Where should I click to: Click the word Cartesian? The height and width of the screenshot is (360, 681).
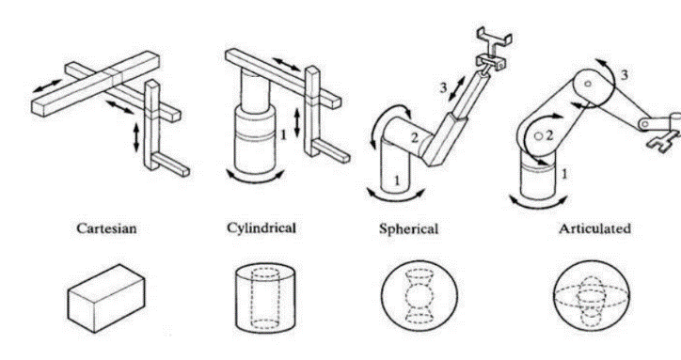(106, 228)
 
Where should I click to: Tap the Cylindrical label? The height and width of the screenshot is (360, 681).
(261, 228)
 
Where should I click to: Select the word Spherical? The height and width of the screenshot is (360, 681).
(408, 228)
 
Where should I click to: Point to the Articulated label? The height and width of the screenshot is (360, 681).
(594, 228)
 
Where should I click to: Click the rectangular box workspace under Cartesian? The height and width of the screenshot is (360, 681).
(106, 298)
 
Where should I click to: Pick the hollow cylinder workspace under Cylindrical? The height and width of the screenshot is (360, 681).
(266, 297)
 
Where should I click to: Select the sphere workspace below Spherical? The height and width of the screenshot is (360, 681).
(420, 296)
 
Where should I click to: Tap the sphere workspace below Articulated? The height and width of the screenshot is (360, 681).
(592, 296)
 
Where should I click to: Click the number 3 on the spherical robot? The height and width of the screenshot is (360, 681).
(443, 88)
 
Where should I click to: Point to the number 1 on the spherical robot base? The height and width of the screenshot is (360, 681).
(397, 180)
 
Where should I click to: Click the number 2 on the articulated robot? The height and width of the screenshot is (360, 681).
(549, 136)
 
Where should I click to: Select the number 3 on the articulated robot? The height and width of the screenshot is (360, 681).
(625, 75)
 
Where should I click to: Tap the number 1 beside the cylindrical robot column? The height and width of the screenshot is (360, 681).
(283, 135)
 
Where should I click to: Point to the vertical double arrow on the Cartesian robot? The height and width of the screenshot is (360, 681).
(136, 138)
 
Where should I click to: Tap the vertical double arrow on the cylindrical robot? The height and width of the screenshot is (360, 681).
(297, 122)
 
